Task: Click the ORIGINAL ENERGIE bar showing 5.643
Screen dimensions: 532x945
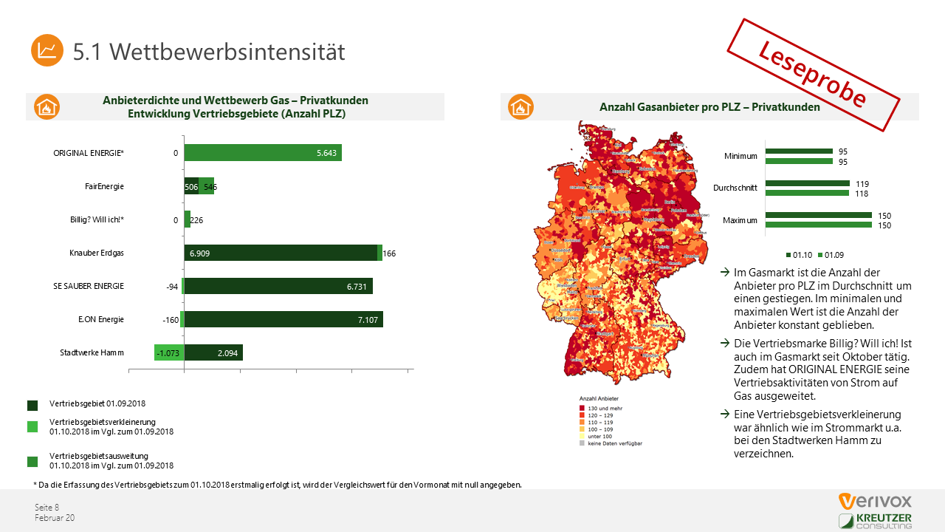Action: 262,153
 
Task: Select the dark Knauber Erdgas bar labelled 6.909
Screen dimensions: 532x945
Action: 281,253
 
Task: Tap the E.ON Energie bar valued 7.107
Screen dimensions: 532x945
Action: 283,319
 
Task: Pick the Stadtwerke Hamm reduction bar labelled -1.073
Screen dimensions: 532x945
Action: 169,352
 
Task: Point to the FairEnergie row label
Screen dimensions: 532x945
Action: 104,186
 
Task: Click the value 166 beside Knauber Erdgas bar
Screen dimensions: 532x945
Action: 389,253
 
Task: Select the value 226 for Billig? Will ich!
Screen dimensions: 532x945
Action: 196,220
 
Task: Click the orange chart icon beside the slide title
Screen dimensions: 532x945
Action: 47,50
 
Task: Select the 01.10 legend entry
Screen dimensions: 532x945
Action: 801,254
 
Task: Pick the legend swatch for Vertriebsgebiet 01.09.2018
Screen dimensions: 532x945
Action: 32,406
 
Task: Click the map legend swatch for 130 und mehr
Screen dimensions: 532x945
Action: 582,408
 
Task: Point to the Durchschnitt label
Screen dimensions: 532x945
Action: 735,188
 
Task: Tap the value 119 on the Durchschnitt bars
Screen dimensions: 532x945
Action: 862,183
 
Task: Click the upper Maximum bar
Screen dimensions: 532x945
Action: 818,216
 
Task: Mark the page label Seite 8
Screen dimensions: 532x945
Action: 47,507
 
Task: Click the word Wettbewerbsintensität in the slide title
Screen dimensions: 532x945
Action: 230,52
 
